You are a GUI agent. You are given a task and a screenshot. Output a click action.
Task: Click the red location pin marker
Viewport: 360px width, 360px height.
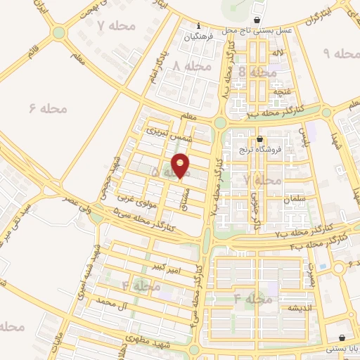pyautogui.click(x=181, y=165)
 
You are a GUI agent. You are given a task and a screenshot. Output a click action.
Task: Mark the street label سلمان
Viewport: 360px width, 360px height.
pyautogui.click(x=295, y=200)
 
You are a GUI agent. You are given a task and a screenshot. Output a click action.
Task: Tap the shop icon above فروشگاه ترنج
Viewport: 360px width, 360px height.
pyautogui.click(x=260, y=139)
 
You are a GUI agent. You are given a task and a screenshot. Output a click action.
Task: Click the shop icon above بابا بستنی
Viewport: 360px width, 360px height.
pyautogui.click(x=342, y=337)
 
